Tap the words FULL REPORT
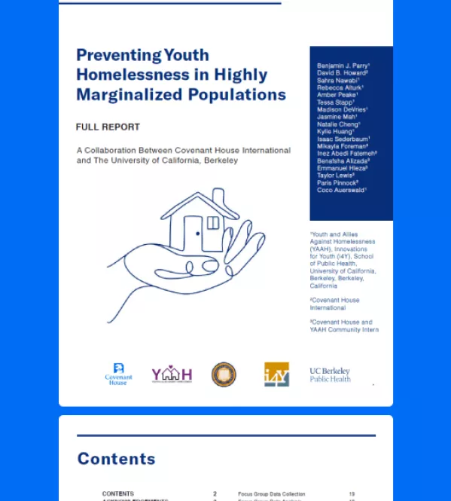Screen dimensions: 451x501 (x=108, y=127)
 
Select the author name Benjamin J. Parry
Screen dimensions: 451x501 (x=343, y=66)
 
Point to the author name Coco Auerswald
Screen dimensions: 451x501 (x=341, y=190)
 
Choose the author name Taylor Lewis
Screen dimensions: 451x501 (x=336, y=176)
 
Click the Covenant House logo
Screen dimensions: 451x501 (x=118, y=374)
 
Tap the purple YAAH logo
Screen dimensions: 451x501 (x=172, y=374)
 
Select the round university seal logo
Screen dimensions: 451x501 (x=224, y=374)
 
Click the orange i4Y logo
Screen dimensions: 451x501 (x=276, y=374)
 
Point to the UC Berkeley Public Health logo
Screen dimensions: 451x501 (x=330, y=374)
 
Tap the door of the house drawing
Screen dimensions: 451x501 (x=193, y=234)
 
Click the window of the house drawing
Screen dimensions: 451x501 (x=213, y=223)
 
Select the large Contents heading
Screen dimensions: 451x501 (x=117, y=459)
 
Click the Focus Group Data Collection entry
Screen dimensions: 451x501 (x=271, y=494)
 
